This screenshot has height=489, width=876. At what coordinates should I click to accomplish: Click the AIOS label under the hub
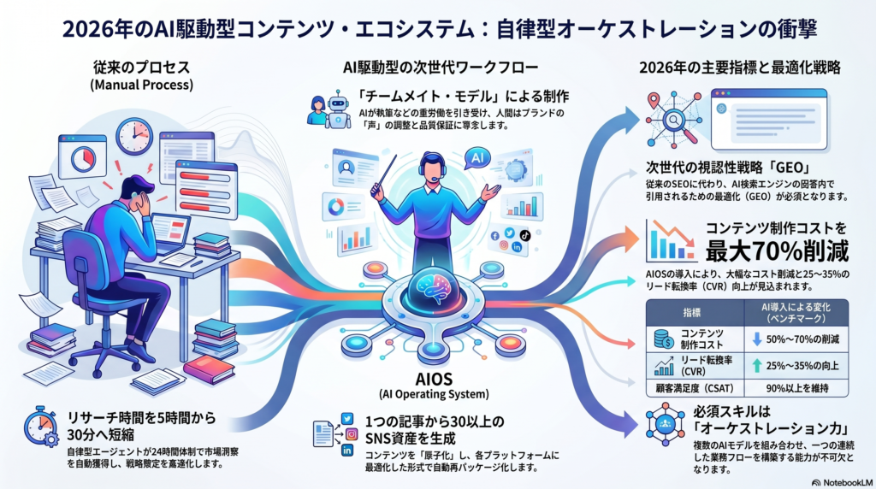pos(434,379)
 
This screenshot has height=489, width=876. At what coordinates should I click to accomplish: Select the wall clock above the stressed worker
pos(134,136)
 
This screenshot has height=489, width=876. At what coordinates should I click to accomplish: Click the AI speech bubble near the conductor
pos(476,158)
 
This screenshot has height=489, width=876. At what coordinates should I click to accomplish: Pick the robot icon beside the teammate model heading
pos(338,109)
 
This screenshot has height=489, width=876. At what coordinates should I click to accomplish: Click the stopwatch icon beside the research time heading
pos(41,427)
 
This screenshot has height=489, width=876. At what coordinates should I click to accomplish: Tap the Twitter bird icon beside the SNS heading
pos(347,419)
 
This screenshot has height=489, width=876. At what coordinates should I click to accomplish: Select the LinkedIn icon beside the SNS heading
pos(347,450)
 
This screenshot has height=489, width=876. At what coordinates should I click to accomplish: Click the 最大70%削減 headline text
pos(777,251)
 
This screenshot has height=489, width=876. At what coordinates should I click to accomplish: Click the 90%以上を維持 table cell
pos(797,388)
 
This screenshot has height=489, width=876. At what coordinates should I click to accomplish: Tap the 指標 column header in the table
pos(692,313)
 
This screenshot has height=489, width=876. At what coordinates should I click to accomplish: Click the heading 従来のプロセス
pos(141,68)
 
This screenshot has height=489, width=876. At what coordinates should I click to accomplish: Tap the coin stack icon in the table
pos(664,339)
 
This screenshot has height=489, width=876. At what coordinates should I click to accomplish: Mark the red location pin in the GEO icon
pos(654,101)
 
